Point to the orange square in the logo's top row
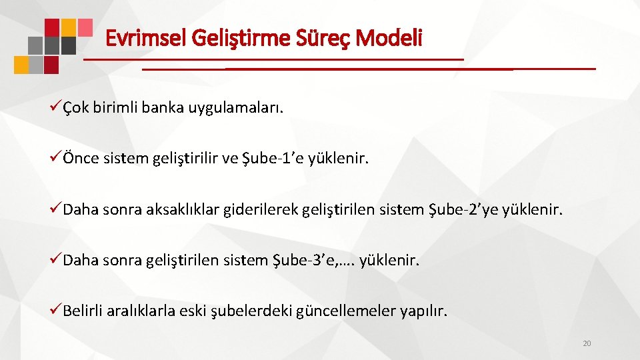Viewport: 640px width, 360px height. pyautogui.click(x=69, y=27)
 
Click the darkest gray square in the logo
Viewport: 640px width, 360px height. pyautogui.click(x=69, y=45)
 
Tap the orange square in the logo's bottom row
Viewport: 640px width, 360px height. pyautogui.click(x=21, y=65)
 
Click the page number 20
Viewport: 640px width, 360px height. pyautogui.click(x=587, y=343)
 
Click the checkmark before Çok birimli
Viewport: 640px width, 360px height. pyautogui.click(x=55, y=108)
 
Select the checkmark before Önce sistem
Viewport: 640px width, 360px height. pyautogui.click(x=55, y=159)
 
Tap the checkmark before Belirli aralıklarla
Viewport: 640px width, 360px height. pyautogui.click(x=55, y=311)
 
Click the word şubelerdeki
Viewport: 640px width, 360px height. pyautogui.click(x=249, y=311)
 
